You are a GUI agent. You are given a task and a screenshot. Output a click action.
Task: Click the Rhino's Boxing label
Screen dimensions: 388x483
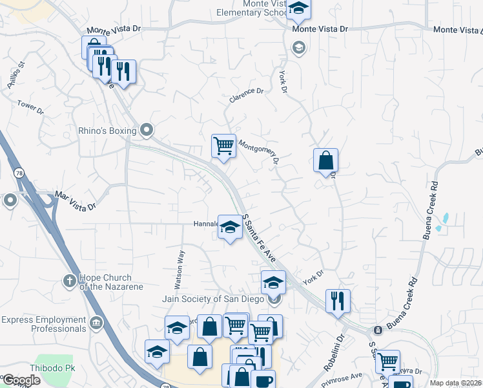coord(107,131)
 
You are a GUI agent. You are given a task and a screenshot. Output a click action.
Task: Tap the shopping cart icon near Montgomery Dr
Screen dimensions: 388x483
coord(223,145)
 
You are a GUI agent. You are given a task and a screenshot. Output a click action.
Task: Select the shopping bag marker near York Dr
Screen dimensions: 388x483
coord(326,160)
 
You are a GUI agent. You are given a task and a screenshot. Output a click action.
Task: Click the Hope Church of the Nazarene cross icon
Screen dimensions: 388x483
coord(69,281)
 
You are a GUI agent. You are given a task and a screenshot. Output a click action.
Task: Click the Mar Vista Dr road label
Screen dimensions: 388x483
coord(76,200)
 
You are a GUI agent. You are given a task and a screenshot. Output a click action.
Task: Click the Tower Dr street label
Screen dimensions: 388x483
coord(30,107)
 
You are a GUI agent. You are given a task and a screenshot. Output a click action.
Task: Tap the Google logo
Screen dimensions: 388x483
coord(22,380)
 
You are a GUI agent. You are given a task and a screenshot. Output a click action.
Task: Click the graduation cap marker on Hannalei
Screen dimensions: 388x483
coord(230,227)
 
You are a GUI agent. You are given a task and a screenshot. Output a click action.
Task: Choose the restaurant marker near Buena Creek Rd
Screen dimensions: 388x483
coord(338,301)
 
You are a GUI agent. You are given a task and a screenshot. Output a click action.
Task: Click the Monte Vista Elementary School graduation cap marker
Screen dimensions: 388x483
coord(298,8)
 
